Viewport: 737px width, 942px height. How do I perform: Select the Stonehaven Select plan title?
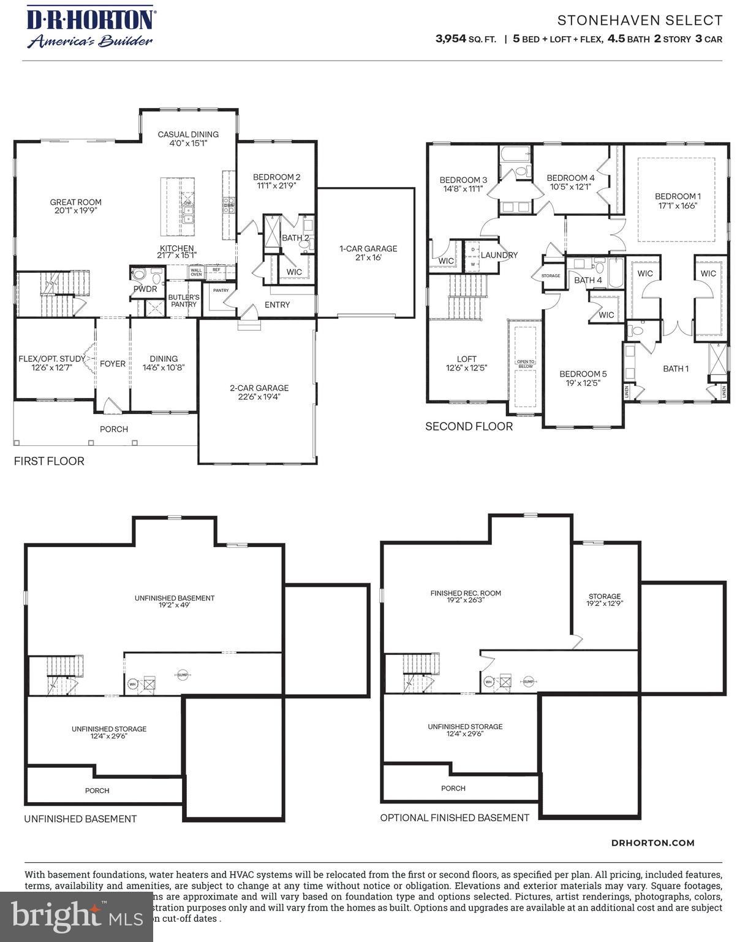point(640,21)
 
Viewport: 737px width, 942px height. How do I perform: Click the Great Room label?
point(76,206)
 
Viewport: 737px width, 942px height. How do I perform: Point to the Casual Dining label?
point(188,139)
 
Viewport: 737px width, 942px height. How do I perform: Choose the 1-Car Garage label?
point(368,253)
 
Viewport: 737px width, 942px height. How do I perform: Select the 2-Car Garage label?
point(259,392)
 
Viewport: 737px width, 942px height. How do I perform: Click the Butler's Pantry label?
point(184,301)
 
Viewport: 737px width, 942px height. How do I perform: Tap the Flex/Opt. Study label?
point(52,363)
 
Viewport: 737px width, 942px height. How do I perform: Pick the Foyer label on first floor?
point(113,364)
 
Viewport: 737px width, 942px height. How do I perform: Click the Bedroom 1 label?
point(678,201)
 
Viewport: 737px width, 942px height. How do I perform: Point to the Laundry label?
point(499,255)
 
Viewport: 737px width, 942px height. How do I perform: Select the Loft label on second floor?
point(466,364)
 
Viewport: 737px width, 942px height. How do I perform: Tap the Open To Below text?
point(526,364)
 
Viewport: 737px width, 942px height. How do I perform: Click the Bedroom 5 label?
point(583,378)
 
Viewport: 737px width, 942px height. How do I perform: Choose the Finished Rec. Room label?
point(466,597)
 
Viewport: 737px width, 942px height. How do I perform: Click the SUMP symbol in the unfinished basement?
point(182,675)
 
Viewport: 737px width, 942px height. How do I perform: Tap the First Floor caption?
point(49,461)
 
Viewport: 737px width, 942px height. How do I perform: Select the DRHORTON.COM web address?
point(653,843)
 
